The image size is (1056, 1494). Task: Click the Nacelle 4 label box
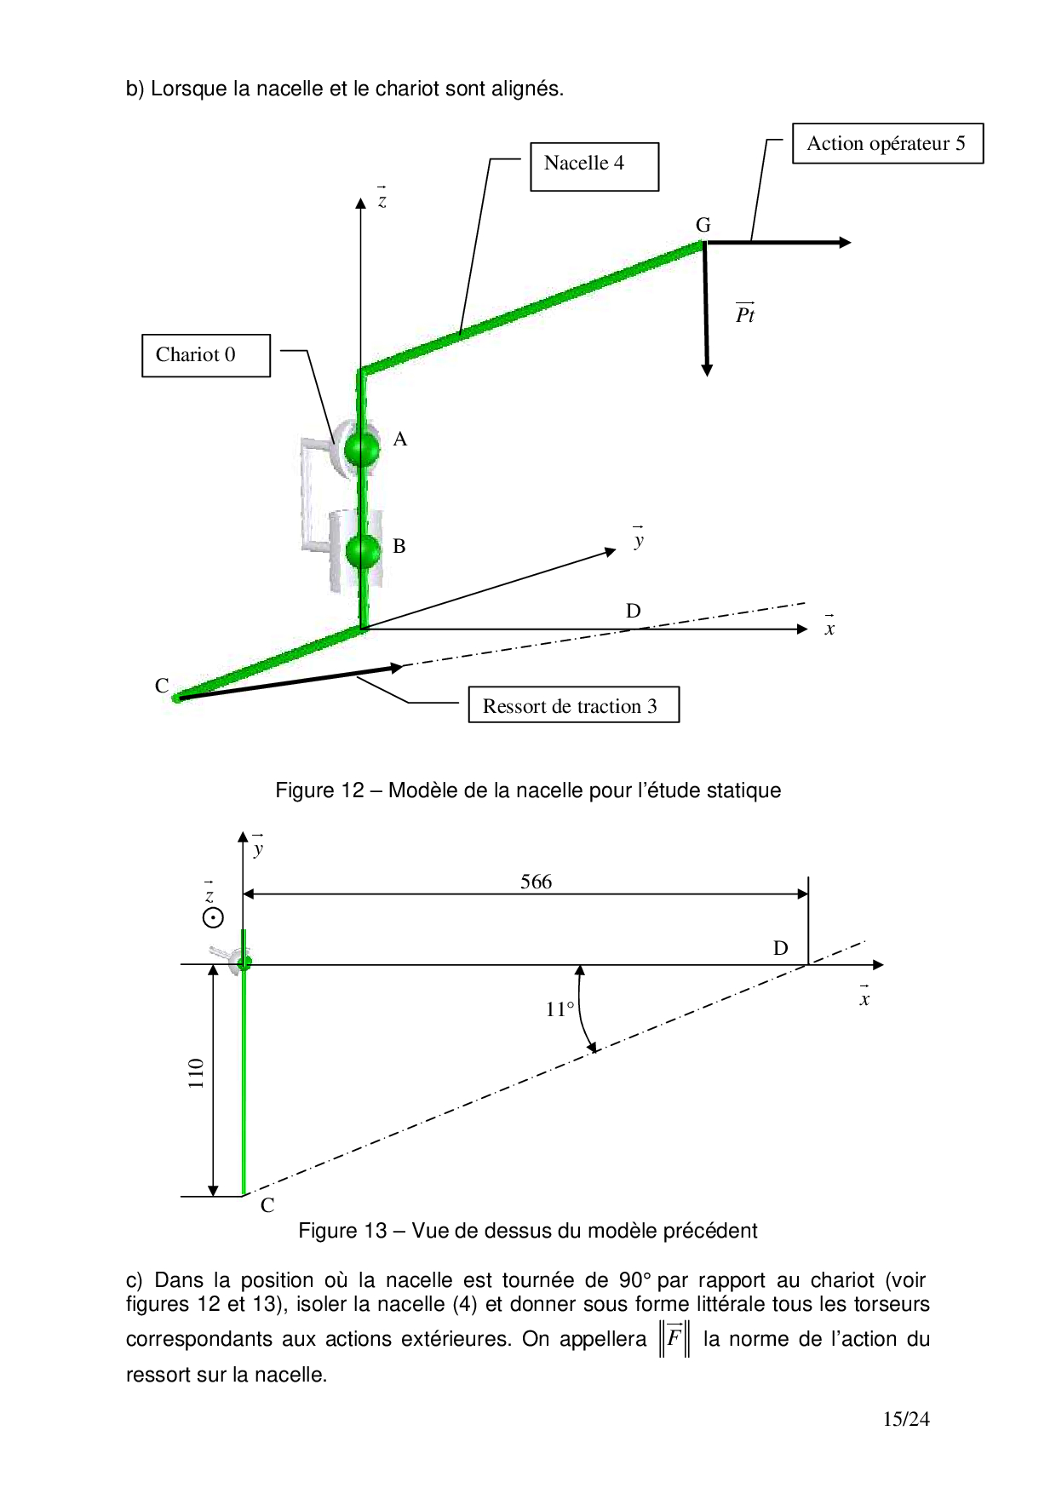click(x=594, y=166)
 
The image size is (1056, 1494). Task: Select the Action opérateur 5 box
click(x=887, y=143)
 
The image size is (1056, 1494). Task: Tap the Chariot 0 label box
click(x=205, y=355)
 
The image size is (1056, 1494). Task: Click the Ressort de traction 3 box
click(x=573, y=705)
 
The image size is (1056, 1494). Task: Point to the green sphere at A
click(x=362, y=448)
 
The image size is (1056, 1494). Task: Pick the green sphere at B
click(x=363, y=551)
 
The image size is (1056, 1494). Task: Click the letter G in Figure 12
click(x=703, y=225)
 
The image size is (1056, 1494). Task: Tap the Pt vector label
click(x=745, y=314)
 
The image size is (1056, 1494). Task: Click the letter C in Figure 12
click(x=162, y=686)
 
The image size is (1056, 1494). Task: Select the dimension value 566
click(x=536, y=882)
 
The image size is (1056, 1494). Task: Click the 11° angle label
click(x=560, y=1009)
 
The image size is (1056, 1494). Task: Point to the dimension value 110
click(x=197, y=1073)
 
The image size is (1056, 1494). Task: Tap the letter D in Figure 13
click(x=780, y=948)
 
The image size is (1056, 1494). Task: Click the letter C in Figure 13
click(x=267, y=1204)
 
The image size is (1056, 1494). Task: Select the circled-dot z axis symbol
click(x=213, y=917)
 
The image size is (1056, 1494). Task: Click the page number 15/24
click(x=905, y=1419)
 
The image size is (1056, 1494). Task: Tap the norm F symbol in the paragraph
click(x=674, y=1338)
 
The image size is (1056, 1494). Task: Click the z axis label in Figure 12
click(x=382, y=200)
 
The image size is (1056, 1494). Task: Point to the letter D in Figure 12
click(x=633, y=611)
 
